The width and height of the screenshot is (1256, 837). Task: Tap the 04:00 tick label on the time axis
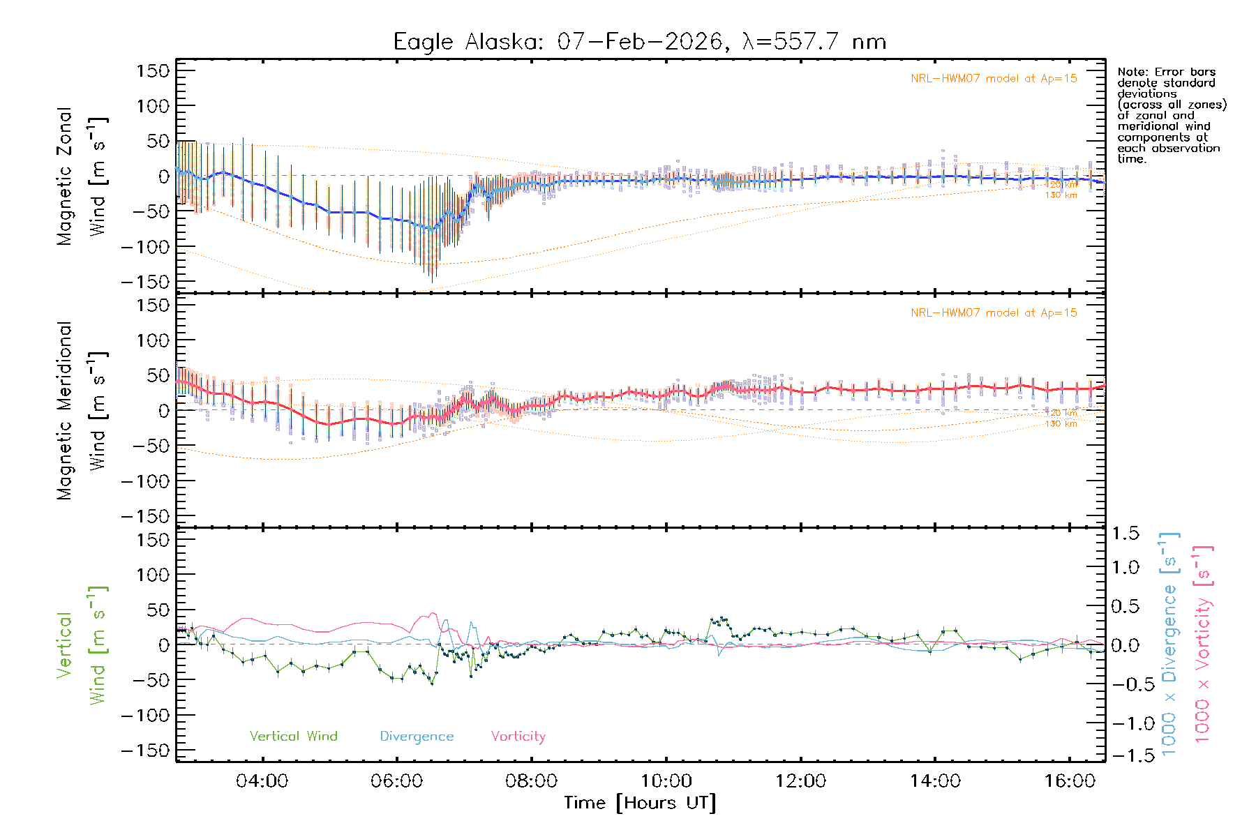(x=262, y=781)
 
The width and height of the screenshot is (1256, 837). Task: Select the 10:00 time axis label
(x=666, y=781)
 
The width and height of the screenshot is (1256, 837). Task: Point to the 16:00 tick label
(x=1069, y=781)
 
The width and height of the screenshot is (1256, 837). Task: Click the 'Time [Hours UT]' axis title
(x=640, y=803)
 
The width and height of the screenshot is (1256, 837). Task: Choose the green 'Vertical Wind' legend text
(x=293, y=737)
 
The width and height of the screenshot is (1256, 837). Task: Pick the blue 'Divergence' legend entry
(x=417, y=737)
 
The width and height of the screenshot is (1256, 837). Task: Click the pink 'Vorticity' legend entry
(x=518, y=737)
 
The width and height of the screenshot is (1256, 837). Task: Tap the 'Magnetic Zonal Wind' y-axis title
(x=82, y=176)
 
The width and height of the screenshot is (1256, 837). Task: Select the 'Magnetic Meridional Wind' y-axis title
(x=82, y=411)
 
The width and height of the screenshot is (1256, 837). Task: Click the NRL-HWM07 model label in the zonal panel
(x=994, y=79)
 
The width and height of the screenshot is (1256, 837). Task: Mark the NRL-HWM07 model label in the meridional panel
(x=994, y=313)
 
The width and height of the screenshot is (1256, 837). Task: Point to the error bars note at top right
(x=1172, y=115)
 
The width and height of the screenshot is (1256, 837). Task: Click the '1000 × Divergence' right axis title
(x=1169, y=643)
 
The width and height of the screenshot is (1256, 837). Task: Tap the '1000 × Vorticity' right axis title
(x=1202, y=643)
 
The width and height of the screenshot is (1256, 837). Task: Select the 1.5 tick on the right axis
(x=1125, y=534)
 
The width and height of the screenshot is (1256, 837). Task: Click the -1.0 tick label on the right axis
(x=1125, y=723)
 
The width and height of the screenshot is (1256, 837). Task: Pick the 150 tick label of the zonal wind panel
(x=153, y=71)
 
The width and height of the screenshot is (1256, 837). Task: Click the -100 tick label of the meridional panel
(x=145, y=481)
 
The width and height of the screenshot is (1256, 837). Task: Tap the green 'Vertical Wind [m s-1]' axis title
(x=82, y=645)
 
